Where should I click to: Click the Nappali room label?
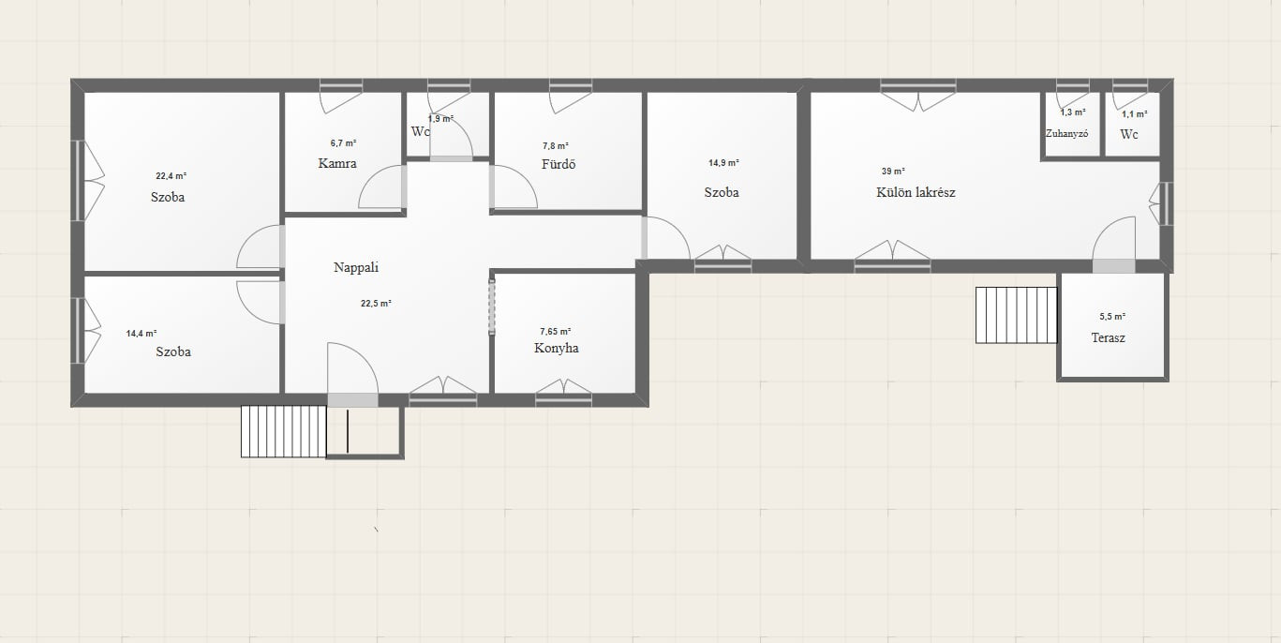(x=356, y=268)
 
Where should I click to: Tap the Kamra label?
(x=336, y=164)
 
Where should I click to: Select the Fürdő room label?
(x=559, y=164)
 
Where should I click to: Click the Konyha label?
(x=556, y=349)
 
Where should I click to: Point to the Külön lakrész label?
(x=916, y=192)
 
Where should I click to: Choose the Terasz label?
(x=1108, y=338)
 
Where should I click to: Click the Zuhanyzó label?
(x=1066, y=134)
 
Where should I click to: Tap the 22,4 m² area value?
(x=171, y=176)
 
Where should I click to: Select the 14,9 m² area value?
(x=723, y=163)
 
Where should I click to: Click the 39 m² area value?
(x=893, y=171)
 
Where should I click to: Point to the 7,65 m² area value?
(x=556, y=332)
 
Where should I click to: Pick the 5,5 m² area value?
(x=1112, y=317)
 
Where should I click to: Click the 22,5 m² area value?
(x=376, y=304)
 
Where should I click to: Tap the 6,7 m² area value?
(x=343, y=143)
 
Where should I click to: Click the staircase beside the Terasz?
(x=1016, y=315)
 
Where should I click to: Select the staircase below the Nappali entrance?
(x=284, y=431)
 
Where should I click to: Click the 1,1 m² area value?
(x=1134, y=114)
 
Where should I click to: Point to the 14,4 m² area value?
(x=142, y=334)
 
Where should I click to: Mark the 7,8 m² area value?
(x=556, y=146)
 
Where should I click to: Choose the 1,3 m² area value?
(x=1073, y=112)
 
